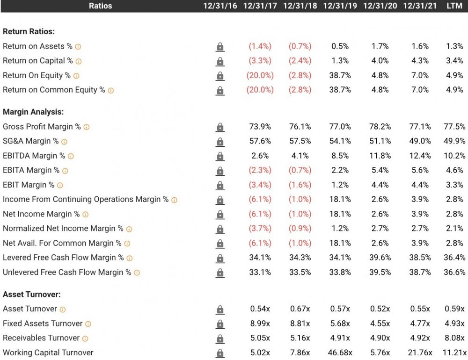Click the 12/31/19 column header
pyautogui.click(x=340, y=6)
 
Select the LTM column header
pyautogui.click(x=454, y=6)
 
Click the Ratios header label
pyautogui.click(x=100, y=6)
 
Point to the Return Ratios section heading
pyautogui.click(x=29, y=32)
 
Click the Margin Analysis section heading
pyautogui.click(x=33, y=112)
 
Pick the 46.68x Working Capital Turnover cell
pyautogui.click(x=340, y=353)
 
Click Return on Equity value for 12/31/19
pyautogui.click(x=340, y=75)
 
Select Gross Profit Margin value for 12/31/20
pyautogui.click(x=380, y=127)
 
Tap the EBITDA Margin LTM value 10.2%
pyautogui.click(x=454, y=156)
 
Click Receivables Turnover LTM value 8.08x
pyautogui.click(x=454, y=338)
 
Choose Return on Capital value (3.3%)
pyautogui.click(x=260, y=61)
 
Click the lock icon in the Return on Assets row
pyautogui.click(x=220, y=47)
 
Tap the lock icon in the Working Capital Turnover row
pyautogui.click(x=220, y=353)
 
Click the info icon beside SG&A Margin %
pyautogui.click(x=64, y=142)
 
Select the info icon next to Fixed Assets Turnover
pyautogui.click(x=88, y=324)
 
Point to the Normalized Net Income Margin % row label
pyautogui.click(x=63, y=229)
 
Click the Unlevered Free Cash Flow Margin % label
pyautogui.click(x=67, y=272)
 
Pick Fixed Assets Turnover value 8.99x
pyautogui.click(x=260, y=324)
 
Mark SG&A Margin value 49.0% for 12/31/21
pyautogui.click(x=420, y=141)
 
